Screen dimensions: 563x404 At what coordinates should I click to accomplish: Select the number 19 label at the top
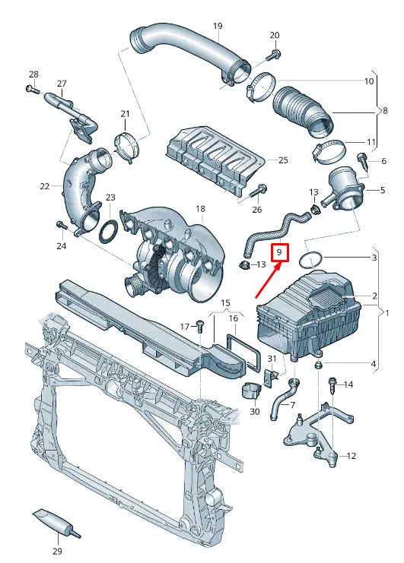[x=218, y=26]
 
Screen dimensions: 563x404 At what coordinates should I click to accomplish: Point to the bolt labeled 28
[x=30, y=89]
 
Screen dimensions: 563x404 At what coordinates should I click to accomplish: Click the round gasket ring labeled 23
[x=109, y=229]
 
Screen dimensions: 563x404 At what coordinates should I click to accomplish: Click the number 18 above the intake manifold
[x=200, y=208]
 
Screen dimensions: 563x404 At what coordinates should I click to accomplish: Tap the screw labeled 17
[x=200, y=327]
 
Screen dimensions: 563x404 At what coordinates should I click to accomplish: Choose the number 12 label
[x=351, y=456]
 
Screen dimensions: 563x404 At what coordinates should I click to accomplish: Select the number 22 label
[x=45, y=185]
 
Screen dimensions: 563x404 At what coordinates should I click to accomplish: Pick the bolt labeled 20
[x=274, y=54]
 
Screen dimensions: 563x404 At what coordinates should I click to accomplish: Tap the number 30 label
[x=254, y=411]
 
